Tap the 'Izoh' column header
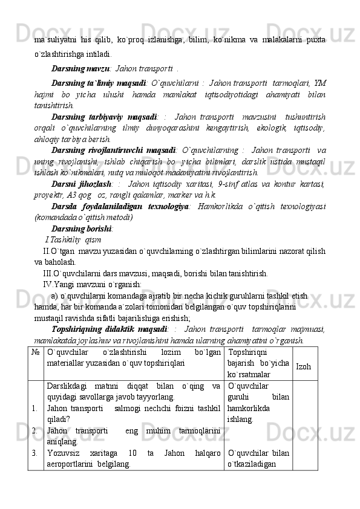(x=304, y=367)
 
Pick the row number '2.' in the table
(x=37, y=430)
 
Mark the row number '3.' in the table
(x=37, y=452)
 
